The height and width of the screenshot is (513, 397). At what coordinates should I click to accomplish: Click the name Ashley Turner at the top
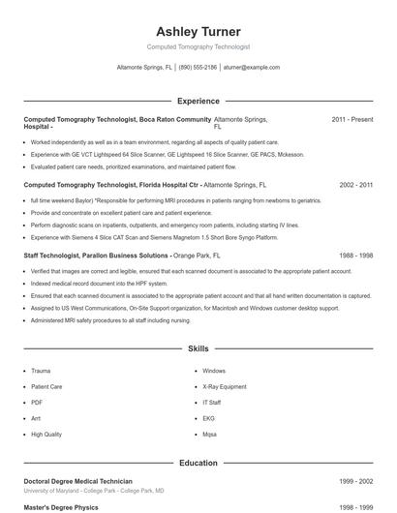(198, 32)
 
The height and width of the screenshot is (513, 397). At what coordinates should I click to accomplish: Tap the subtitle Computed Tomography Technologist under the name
(198, 46)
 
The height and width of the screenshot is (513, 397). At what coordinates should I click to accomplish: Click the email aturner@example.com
(251, 69)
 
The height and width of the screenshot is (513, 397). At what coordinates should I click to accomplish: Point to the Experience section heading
(198, 101)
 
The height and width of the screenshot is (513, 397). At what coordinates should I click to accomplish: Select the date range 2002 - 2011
(352, 184)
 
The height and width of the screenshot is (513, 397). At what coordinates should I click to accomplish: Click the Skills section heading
(198, 348)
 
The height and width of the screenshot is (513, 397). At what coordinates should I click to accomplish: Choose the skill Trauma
(41, 371)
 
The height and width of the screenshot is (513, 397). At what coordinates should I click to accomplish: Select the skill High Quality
(46, 435)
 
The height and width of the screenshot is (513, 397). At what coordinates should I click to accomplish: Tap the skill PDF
(37, 403)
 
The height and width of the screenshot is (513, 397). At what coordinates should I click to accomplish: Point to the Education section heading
(198, 464)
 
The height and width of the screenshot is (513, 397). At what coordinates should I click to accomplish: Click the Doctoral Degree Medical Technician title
(78, 481)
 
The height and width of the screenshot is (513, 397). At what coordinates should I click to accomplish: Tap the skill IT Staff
(212, 403)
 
